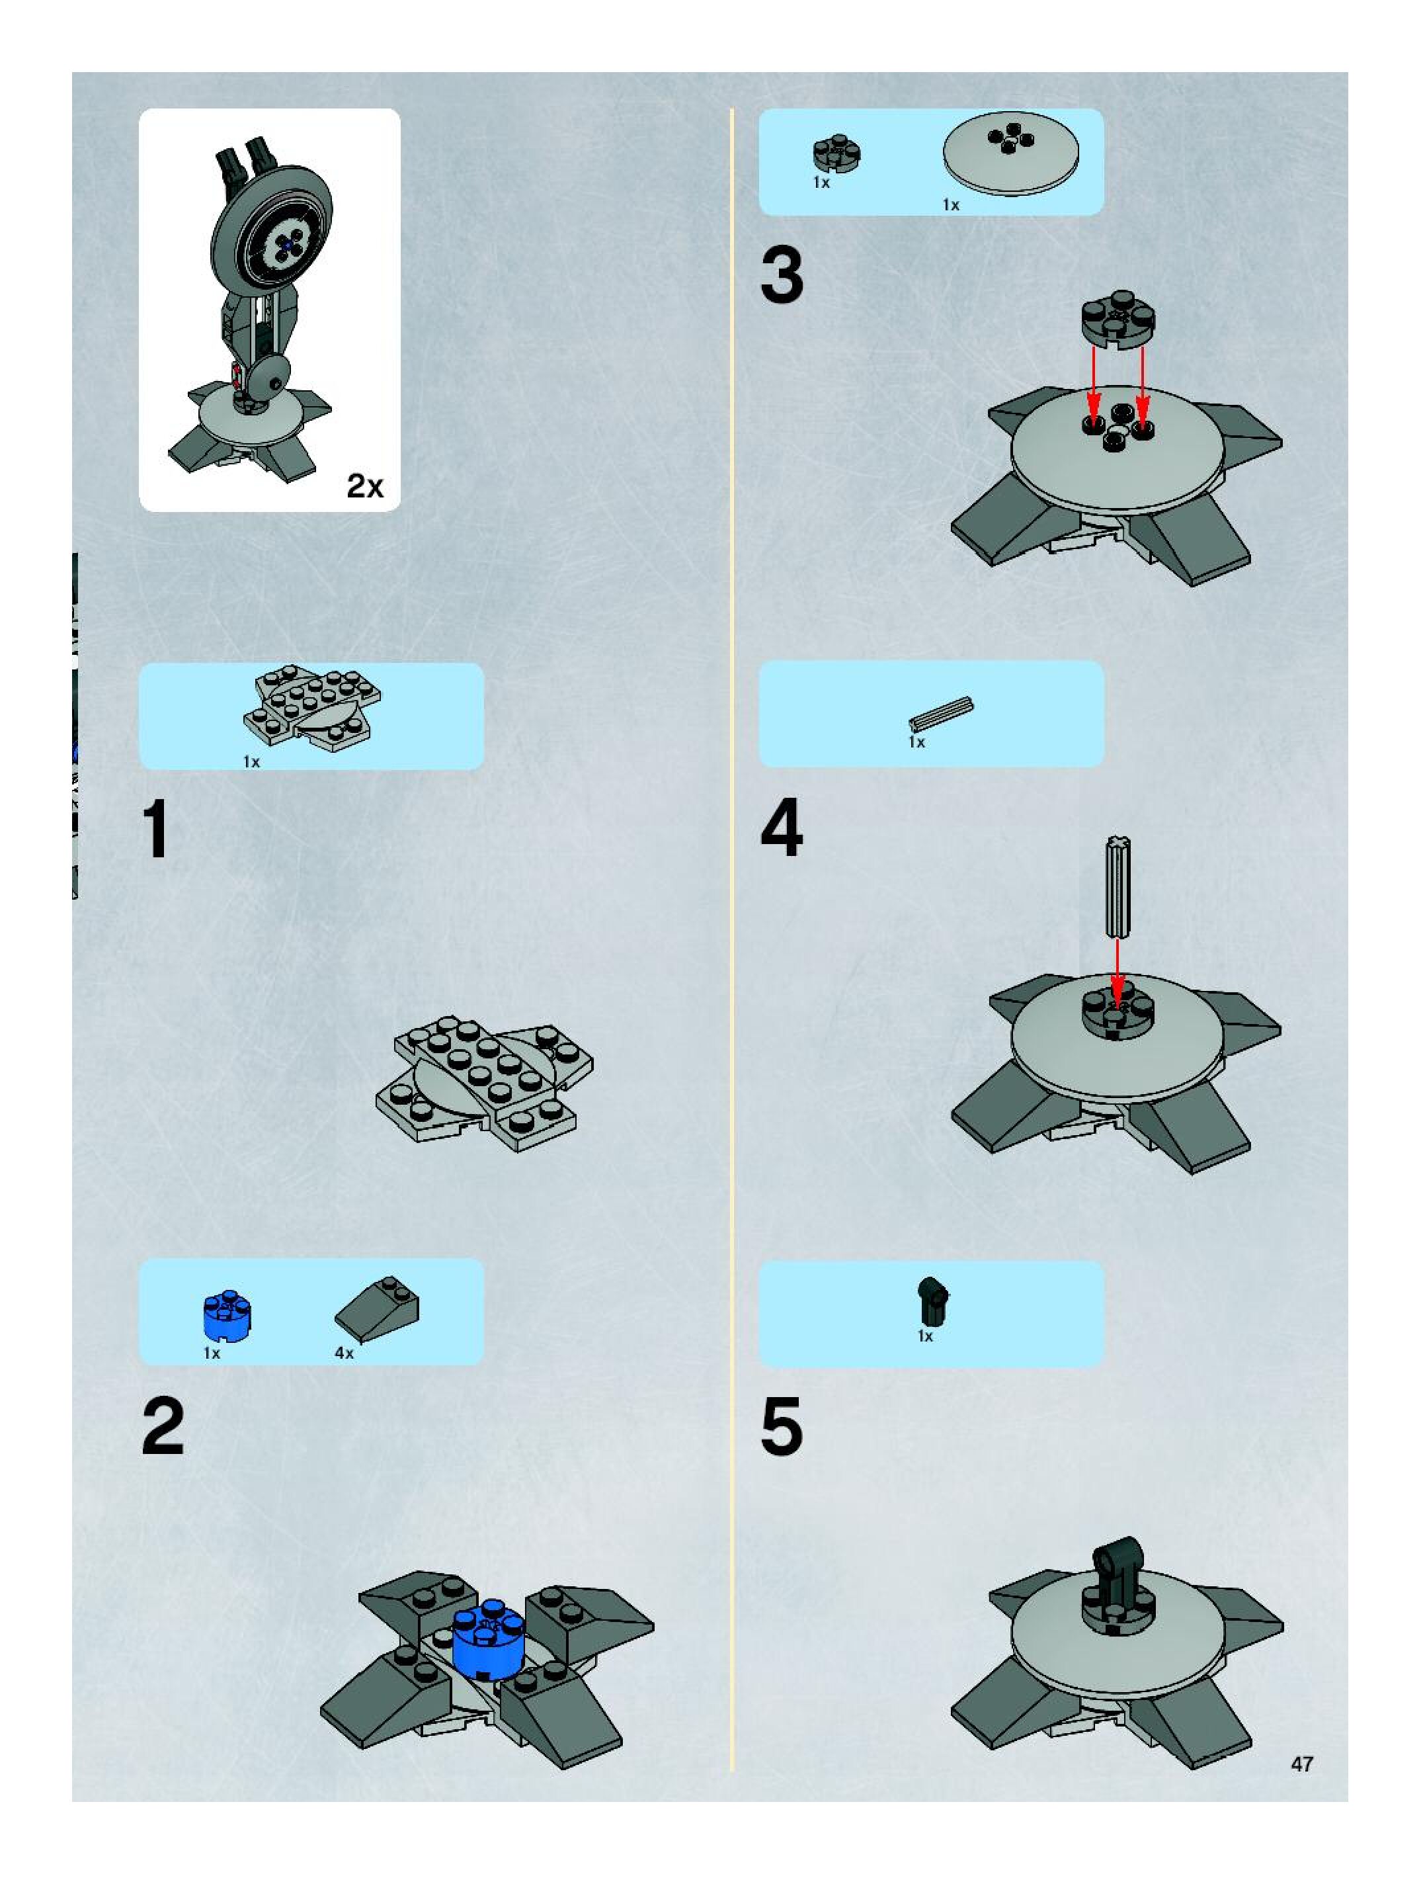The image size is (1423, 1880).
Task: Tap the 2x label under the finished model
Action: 364,486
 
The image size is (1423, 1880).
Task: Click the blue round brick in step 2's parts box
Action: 227,1316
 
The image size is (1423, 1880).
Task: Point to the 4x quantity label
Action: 344,1352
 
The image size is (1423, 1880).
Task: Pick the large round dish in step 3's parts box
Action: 1011,154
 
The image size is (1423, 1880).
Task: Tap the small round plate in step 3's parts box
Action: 838,151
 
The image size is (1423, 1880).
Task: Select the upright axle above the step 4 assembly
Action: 1118,886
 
